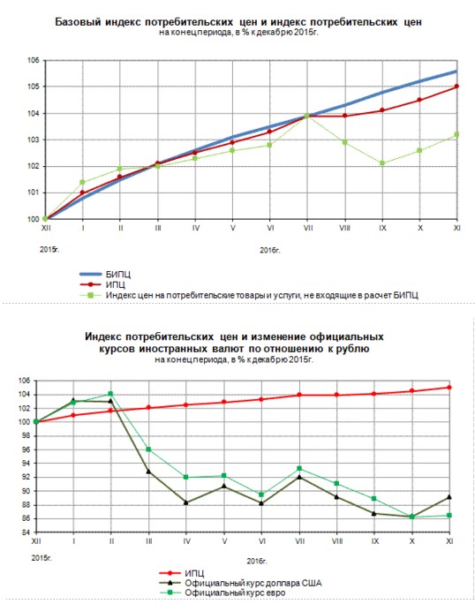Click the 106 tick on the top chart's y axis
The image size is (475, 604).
(34, 60)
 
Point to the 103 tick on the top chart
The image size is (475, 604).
(34, 140)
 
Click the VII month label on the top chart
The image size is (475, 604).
(308, 228)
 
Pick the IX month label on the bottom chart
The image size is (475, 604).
(375, 541)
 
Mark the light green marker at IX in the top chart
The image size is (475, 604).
(382, 163)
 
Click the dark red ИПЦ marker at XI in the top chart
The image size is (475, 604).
(456, 87)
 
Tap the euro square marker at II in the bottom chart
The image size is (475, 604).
(110, 394)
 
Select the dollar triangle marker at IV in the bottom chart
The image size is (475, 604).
(186, 502)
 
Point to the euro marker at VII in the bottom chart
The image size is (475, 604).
(299, 468)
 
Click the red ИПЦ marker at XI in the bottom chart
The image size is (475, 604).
(449, 387)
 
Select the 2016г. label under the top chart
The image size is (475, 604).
(269, 251)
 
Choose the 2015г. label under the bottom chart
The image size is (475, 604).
(41, 558)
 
